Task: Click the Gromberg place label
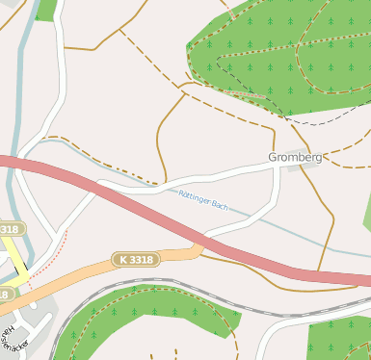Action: click(x=295, y=156)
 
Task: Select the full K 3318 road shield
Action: click(x=134, y=260)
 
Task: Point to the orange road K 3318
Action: click(x=87, y=271)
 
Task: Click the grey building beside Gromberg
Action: click(x=301, y=167)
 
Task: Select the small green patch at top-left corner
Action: click(x=45, y=9)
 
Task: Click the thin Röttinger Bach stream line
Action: click(x=289, y=235)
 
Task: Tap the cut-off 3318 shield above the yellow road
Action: click(x=9, y=229)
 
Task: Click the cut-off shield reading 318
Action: click(x=5, y=294)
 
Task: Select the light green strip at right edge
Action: click(x=367, y=212)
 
